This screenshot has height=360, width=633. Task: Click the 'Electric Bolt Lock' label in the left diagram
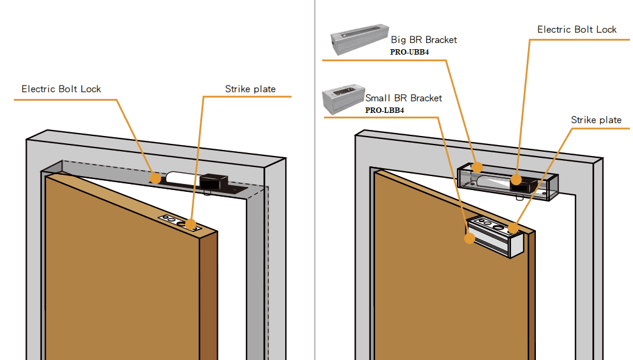coord(61,89)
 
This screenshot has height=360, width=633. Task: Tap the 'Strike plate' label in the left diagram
coord(250,89)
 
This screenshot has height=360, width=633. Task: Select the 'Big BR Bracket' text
coord(424,40)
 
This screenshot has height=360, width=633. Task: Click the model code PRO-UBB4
coord(410,52)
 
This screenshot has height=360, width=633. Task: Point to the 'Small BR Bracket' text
coord(404,98)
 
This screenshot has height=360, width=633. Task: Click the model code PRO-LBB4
coord(385,110)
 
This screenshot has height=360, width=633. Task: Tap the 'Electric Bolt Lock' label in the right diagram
coord(577,30)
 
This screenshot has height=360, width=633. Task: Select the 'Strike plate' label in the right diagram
coord(596,120)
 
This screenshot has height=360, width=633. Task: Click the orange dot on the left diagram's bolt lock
coord(157,178)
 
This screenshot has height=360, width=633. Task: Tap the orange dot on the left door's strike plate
coord(191,224)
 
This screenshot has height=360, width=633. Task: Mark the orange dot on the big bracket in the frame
coord(478,167)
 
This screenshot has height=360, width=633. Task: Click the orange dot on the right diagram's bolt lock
coord(516,179)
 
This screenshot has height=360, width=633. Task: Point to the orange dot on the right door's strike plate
coord(513,229)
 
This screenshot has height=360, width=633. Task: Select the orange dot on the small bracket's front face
coord(470,238)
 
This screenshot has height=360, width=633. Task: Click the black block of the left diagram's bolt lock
coord(214,181)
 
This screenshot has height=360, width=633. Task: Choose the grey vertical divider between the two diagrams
coord(315,182)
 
